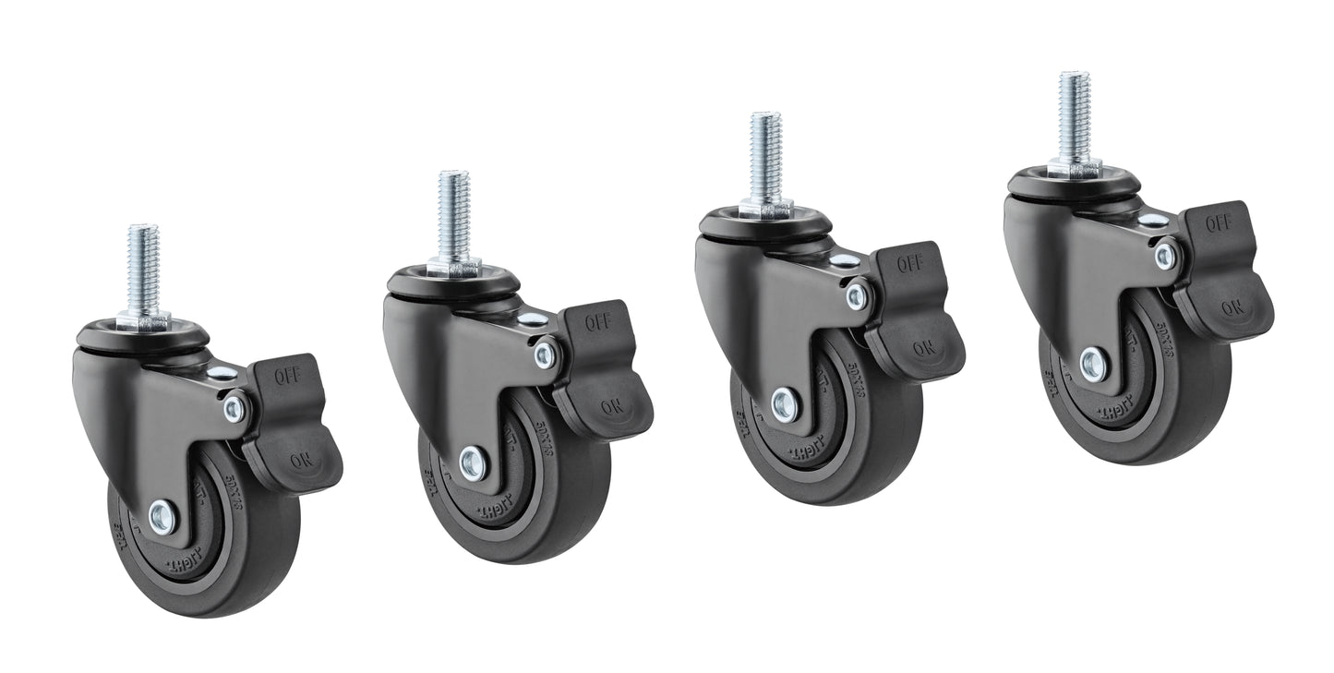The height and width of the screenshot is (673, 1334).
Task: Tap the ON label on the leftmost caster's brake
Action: click(301, 459)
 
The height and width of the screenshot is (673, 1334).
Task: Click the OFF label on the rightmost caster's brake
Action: click(1219, 222)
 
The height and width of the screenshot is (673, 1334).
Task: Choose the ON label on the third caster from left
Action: click(923, 348)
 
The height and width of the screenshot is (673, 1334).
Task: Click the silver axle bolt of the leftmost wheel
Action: click(162, 519)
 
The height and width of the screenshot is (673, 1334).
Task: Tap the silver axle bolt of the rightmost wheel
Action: click(1093, 365)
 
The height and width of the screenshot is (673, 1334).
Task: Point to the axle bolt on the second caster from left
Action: click(473, 463)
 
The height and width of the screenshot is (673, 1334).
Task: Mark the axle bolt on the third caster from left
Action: click(785, 405)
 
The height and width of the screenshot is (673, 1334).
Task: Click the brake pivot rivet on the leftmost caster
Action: click(234, 407)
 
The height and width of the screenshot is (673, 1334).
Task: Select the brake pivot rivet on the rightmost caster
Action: click(1165, 255)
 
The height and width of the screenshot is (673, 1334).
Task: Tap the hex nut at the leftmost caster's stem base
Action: click(143, 322)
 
